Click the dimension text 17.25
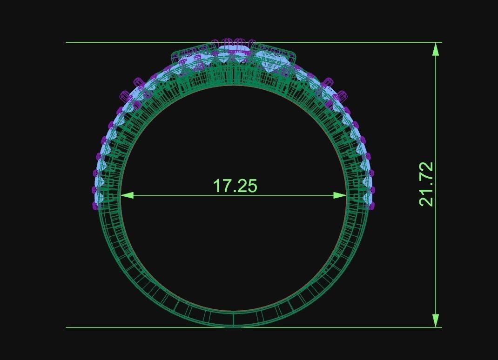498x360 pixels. click(x=235, y=186)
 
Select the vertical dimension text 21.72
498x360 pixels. click(x=426, y=184)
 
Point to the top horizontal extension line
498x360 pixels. click(x=116, y=42)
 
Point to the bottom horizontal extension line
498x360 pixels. click(x=116, y=327)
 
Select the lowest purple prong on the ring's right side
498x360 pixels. click(x=372, y=205)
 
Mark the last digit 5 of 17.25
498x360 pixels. click(x=251, y=186)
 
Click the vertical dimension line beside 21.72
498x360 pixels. click(x=436, y=256)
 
